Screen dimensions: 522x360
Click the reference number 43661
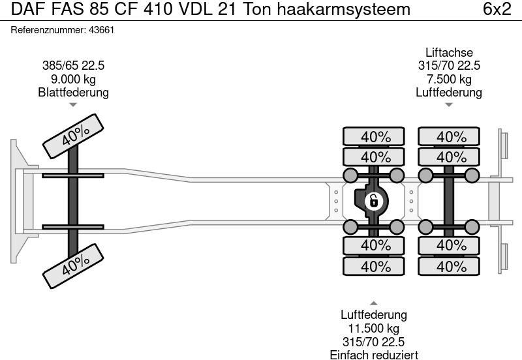pos(102,30)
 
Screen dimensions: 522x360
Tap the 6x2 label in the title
pos(497,9)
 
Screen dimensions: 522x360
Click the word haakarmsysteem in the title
pos(344,9)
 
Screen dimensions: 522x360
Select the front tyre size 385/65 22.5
pos(73,66)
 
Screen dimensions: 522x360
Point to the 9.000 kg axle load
pos(73,79)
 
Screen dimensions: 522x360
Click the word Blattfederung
pos(73,92)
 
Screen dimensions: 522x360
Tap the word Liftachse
pos(449,52)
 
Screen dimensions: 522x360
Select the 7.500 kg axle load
pos(449,79)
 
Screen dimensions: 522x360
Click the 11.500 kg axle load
pos(373,329)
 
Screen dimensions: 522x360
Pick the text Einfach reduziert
pos(373,355)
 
